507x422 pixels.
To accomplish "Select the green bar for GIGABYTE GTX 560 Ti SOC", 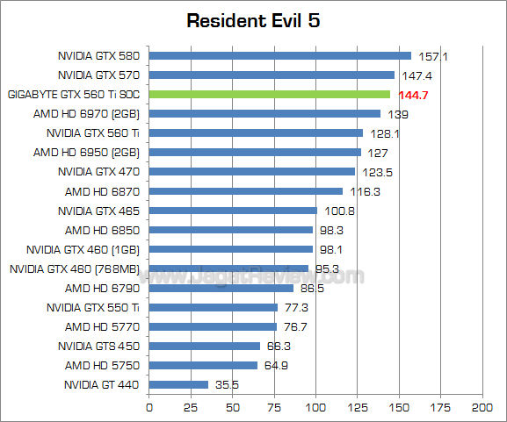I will click(x=269, y=94).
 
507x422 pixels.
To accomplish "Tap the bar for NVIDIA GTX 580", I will click(x=279, y=55).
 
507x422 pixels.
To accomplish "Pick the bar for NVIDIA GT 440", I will click(x=178, y=384).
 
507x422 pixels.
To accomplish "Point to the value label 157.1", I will click(x=432, y=56).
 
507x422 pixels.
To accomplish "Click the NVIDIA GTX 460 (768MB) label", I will click(x=74, y=268).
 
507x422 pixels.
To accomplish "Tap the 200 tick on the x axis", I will click(x=482, y=409).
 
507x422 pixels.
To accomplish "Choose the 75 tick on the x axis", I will click(x=274, y=409).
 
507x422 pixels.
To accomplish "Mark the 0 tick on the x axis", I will click(x=149, y=409).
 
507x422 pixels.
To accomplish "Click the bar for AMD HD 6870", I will click(x=246, y=191).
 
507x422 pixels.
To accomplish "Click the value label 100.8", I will click(x=338, y=211).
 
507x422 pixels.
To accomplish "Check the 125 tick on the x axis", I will click(x=357, y=409).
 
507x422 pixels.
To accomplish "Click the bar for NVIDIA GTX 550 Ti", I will click(x=214, y=307).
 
